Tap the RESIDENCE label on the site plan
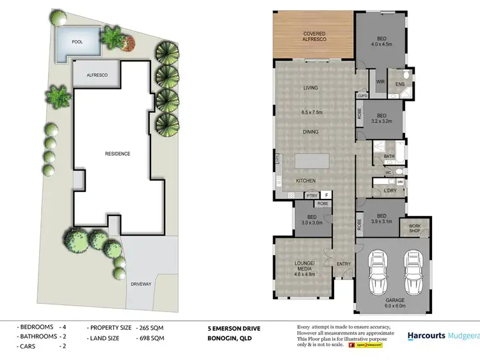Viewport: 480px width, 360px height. [118, 154]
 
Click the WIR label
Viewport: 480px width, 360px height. [379, 82]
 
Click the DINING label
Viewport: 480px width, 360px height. [310, 132]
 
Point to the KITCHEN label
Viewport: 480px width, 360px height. [306, 181]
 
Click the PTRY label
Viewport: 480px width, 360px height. [312, 196]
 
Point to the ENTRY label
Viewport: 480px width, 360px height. [344, 264]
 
